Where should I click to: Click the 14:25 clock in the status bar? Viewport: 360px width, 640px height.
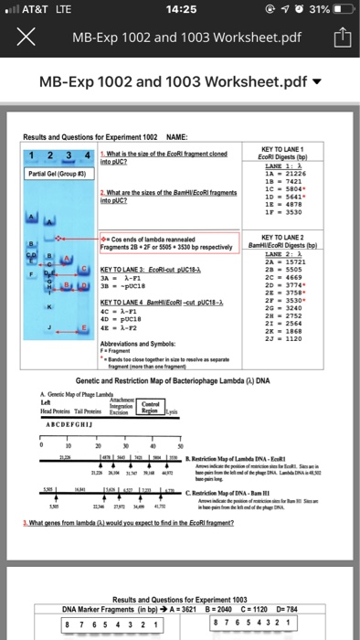click(x=179, y=10)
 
